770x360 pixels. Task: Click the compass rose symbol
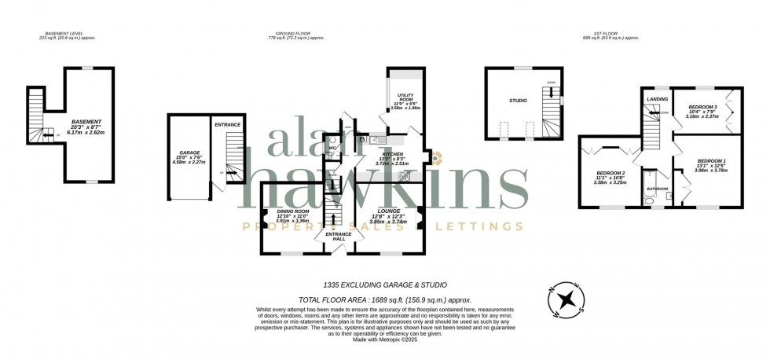(x=566, y=298)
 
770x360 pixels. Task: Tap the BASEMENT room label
(x=86, y=122)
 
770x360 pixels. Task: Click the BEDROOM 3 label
(x=702, y=106)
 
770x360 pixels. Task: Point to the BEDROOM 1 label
(x=711, y=161)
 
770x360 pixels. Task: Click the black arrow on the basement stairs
(x=46, y=134)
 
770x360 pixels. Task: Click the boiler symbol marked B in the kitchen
(x=362, y=140)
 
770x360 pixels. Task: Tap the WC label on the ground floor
(x=333, y=147)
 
